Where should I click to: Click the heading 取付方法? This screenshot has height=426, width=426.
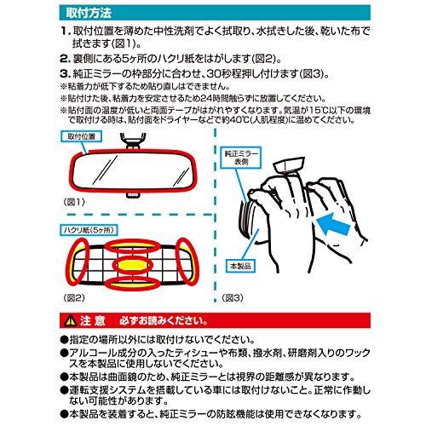pyautogui.click(x=89, y=13)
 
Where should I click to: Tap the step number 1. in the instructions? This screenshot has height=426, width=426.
pyautogui.click(x=66, y=31)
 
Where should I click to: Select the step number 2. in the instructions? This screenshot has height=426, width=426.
pyautogui.click(x=66, y=59)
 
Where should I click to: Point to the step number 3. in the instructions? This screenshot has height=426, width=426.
pyautogui.click(x=66, y=74)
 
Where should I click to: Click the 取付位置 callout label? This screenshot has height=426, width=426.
pyautogui.click(x=81, y=136)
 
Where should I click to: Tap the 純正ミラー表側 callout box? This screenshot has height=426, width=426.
pyautogui.click(x=241, y=158)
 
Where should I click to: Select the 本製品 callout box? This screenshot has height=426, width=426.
pyautogui.click(x=240, y=266)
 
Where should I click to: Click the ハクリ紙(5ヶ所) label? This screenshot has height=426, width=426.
pyautogui.click(x=89, y=230)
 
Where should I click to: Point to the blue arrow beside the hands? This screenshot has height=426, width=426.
pyautogui.click(x=333, y=224)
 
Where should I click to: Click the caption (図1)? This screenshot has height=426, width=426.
pyautogui.click(x=74, y=202)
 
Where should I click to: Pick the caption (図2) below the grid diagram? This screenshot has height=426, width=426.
pyautogui.click(x=74, y=297)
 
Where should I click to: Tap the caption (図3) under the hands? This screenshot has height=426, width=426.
pyautogui.click(x=233, y=297)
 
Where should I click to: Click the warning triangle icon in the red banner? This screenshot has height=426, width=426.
pyautogui.click(x=71, y=321)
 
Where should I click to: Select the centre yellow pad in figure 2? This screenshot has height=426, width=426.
pyautogui.click(x=133, y=265)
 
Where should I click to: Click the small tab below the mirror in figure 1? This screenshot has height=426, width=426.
pyautogui.click(x=133, y=195)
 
